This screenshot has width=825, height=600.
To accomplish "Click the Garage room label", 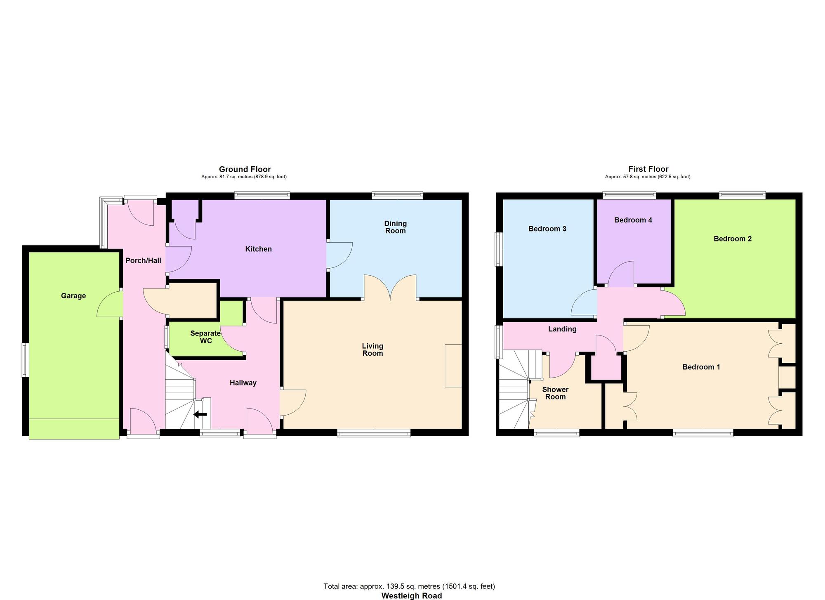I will (73, 296).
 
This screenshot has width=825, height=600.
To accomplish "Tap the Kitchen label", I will (259, 249).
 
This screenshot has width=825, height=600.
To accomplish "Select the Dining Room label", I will (396, 227).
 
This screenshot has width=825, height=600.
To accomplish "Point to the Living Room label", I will (372, 350).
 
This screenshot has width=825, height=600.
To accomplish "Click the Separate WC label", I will (205, 337).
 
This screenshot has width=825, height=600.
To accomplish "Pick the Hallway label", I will (243, 383).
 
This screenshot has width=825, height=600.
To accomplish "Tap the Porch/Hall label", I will (143, 260).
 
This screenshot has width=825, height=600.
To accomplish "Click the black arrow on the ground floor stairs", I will (200, 414).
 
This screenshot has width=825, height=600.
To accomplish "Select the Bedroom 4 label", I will (633, 220).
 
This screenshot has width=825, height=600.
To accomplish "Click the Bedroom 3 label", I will (547, 229).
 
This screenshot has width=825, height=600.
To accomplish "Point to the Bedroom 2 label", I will (733, 239).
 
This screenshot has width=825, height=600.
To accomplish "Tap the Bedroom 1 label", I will (701, 367).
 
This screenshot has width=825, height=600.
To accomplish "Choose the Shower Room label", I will (555, 393).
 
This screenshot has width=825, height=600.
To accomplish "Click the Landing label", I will (562, 329).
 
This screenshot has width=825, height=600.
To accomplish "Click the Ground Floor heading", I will (245, 169).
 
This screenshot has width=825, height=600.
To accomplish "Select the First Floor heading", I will (648, 169).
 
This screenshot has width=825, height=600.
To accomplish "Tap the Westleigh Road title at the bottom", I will (411, 595).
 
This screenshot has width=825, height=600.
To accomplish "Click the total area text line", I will (409, 586).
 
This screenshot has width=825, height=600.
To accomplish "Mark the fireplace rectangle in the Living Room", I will (453, 366).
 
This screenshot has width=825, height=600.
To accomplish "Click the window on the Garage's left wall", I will (25, 360).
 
